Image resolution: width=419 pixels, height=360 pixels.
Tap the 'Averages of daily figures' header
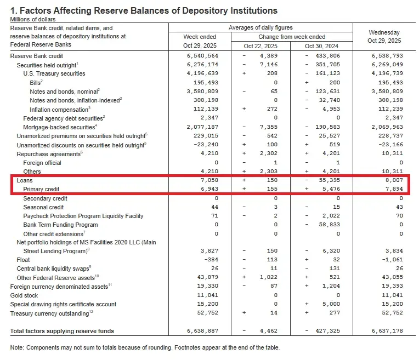[x=260, y=27]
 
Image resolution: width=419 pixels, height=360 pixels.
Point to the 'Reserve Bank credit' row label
[x=37, y=56]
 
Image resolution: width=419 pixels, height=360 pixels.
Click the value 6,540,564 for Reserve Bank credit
[x=203, y=56]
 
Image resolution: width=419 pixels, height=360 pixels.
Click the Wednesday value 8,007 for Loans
[x=394, y=180]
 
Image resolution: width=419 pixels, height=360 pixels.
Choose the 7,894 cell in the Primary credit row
[x=394, y=189]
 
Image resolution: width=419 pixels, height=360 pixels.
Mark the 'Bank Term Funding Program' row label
[x=60, y=225]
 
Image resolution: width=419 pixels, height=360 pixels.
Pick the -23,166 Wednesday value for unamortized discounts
[x=391, y=145]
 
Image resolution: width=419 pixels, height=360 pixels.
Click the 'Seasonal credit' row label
[x=43, y=207]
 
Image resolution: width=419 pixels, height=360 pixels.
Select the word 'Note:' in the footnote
[x=18, y=347]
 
